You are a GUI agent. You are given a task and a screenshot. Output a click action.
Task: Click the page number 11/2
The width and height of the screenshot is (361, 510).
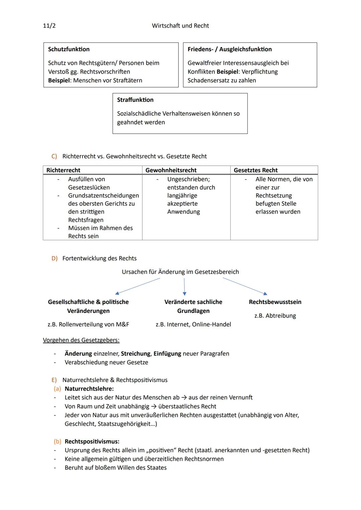point(49,26)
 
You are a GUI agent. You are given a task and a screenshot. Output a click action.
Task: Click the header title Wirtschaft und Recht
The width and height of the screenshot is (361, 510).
point(180,26)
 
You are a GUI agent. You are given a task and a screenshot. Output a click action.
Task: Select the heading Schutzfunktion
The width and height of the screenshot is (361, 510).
point(69,49)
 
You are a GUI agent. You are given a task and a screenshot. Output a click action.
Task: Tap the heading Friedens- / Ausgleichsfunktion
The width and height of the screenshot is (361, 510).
point(229,49)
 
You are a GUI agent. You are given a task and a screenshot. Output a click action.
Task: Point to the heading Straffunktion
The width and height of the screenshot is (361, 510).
point(135,100)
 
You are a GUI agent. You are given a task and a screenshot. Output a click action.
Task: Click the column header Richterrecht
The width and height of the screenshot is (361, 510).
point(63,170)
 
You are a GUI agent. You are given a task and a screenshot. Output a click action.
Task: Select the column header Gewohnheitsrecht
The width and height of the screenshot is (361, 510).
point(171,170)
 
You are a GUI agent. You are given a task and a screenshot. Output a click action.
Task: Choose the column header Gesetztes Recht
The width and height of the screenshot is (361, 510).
point(256,170)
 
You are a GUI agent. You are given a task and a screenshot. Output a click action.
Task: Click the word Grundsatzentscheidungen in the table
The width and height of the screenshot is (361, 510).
point(103,195)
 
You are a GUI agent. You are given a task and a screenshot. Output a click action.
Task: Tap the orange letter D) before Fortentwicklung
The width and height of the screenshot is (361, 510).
point(54,258)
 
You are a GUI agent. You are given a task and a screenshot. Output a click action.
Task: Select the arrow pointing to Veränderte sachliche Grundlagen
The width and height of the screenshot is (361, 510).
point(185,287)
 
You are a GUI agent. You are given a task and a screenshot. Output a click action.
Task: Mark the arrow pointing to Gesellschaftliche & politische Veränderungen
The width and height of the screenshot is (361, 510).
point(137,286)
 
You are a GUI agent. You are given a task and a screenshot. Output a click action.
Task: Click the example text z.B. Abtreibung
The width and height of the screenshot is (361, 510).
point(275,316)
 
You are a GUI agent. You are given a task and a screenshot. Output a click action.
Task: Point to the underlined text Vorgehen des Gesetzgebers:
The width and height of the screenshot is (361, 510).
point(81,340)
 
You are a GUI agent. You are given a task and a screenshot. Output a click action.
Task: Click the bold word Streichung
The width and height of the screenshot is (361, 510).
point(136,353)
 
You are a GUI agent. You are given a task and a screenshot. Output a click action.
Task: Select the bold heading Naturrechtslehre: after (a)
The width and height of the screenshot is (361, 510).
point(89,389)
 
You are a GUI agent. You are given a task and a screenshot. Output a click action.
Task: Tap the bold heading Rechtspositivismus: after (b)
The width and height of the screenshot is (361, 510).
point(92,442)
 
